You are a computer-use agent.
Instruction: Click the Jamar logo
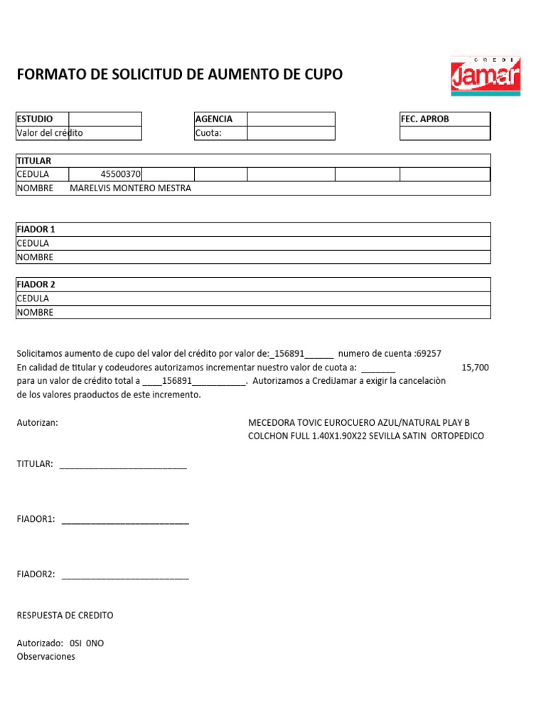click(x=485, y=75)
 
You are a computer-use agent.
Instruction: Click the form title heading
click(x=179, y=74)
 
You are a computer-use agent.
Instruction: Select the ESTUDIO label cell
click(x=42, y=119)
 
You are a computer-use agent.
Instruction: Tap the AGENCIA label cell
click(x=220, y=119)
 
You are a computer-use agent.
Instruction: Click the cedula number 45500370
click(x=121, y=174)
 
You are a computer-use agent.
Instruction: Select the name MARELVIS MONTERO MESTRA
click(x=131, y=188)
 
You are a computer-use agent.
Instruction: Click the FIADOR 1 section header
click(x=36, y=229)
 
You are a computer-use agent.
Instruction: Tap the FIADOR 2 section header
click(x=36, y=284)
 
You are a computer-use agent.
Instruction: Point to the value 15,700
click(x=475, y=367)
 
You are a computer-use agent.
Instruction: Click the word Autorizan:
click(x=37, y=422)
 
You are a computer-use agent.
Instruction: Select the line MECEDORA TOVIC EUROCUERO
click(x=358, y=422)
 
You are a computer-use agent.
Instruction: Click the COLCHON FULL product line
click(x=365, y=436)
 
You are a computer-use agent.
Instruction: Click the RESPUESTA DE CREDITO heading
click(x=65, y=615)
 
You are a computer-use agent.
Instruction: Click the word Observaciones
click(x=45, y=657)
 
